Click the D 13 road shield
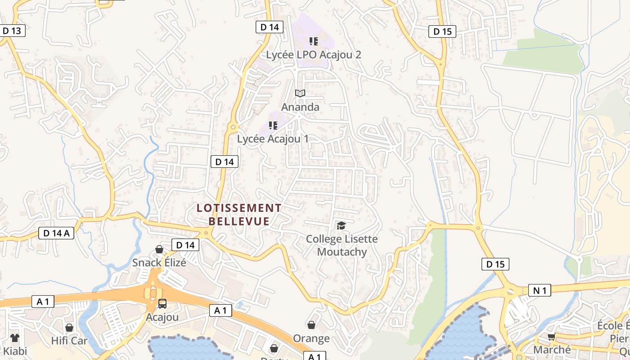12,31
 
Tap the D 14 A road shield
56,233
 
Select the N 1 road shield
540,291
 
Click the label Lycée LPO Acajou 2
314,55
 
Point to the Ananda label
300,107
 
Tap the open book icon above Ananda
300,93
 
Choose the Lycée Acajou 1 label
273,139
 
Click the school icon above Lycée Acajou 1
273,125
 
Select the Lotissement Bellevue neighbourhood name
239,215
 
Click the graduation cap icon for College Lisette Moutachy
342,225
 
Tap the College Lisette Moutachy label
342,245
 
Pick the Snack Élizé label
159,262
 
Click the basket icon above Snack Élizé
159,249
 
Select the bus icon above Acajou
162,304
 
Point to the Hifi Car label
69,341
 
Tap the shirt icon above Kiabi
15,337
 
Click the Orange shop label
311,338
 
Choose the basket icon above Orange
311,324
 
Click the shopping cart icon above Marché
552,337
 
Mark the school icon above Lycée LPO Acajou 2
314,41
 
